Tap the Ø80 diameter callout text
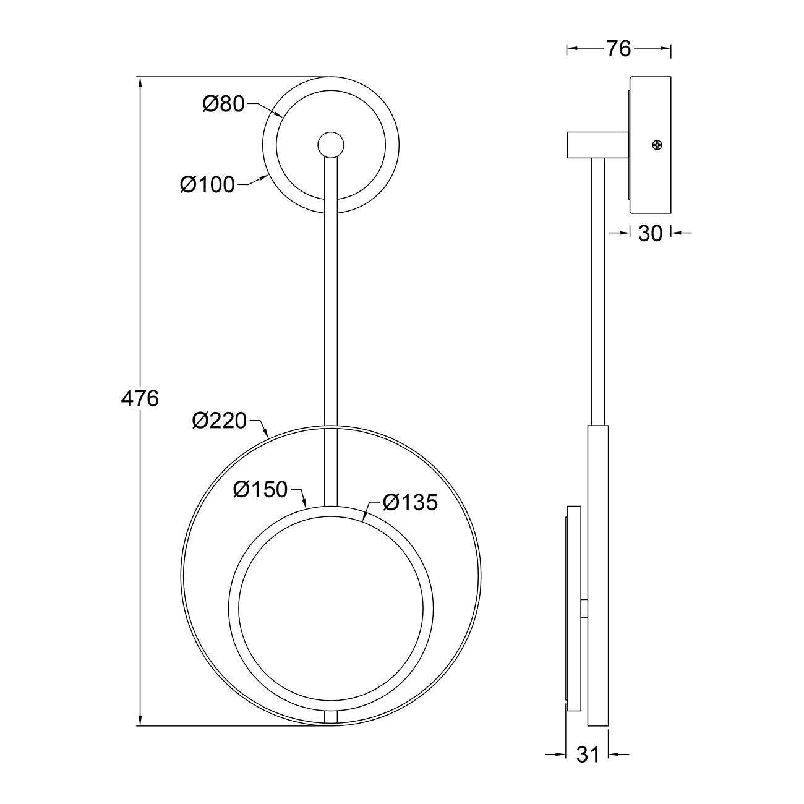tap(224, 104)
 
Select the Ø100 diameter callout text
tap(207, 184)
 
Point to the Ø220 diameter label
tap(220, 421)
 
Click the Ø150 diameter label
tap(260, 489)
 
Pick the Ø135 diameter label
tap(411, 502)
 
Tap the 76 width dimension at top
tap(618, 49)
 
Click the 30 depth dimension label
tap(651, 233)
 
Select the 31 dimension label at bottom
tap(588, 755)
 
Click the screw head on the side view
tap(657, 145)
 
